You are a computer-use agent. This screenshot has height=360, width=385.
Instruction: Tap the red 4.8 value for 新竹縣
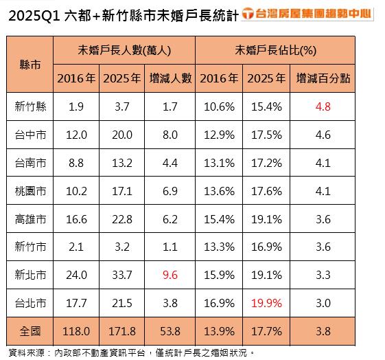coord(323,106)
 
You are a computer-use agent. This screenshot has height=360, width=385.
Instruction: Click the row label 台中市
coord(31,135)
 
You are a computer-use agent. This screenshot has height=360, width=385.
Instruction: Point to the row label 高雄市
coord(31,219)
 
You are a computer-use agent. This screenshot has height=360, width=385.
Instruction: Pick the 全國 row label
coord(31,331)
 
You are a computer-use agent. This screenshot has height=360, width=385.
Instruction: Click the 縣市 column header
coord(31,64)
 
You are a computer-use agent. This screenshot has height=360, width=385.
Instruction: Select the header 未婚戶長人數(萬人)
coord(124,50)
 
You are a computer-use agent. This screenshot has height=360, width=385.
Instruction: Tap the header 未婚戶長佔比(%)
coord(275,50)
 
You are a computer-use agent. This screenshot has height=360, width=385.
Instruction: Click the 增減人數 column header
coord(170,78)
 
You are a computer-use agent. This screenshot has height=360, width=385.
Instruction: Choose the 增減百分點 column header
coord(323,78)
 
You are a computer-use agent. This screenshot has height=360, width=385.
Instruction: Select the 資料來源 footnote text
coord(130,352)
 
